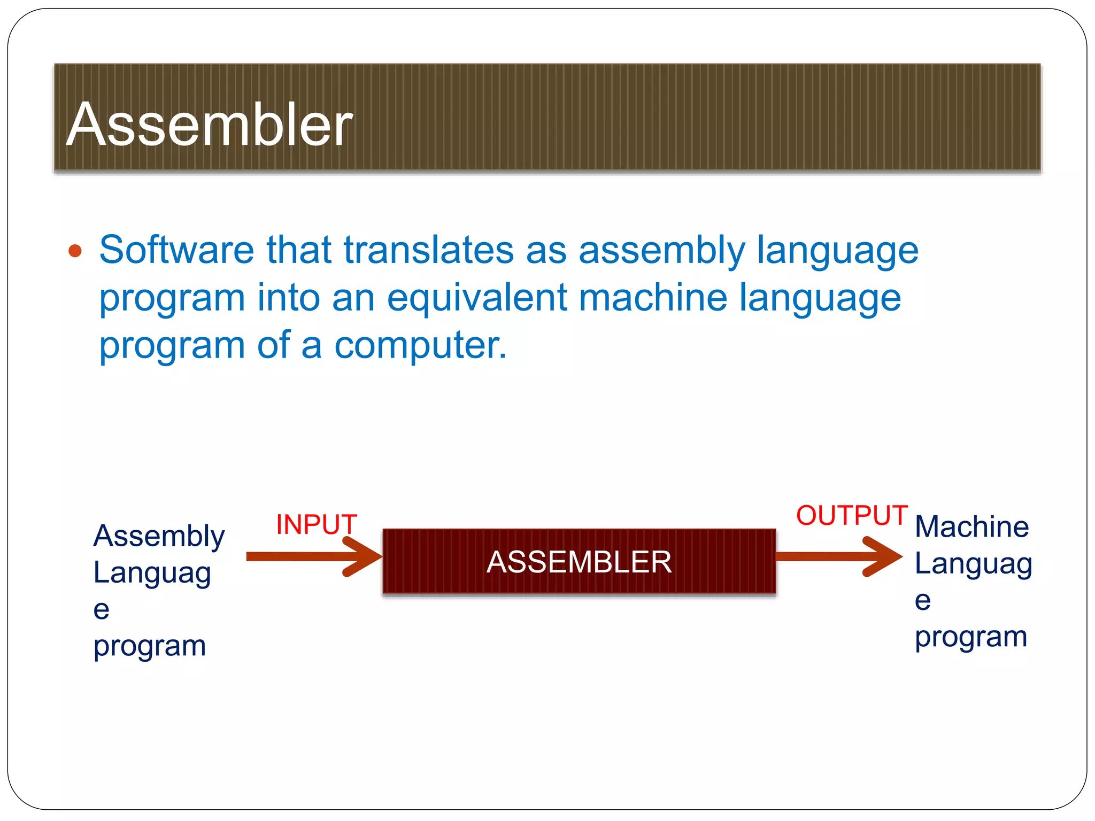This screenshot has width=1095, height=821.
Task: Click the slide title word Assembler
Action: click(209, 125)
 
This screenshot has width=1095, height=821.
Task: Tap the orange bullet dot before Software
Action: click(75, 251)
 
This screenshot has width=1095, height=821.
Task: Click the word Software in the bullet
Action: click(176, 250)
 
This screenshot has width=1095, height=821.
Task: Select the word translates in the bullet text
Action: click(428, 250)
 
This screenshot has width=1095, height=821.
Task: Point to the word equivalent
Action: click(476, 298)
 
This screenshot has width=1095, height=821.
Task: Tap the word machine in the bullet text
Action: click(653, 297)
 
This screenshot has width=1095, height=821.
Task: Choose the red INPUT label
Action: click(316, 524)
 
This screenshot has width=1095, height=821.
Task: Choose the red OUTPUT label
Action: click(852, 516)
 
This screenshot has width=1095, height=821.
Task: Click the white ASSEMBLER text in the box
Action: click(579, 562)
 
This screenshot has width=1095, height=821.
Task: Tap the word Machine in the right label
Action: click(971, 527)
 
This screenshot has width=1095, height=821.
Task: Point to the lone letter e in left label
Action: click(101, 610)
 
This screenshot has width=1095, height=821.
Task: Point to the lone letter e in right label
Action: click(922, 601)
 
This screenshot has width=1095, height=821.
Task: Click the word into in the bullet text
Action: click(288, 297)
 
